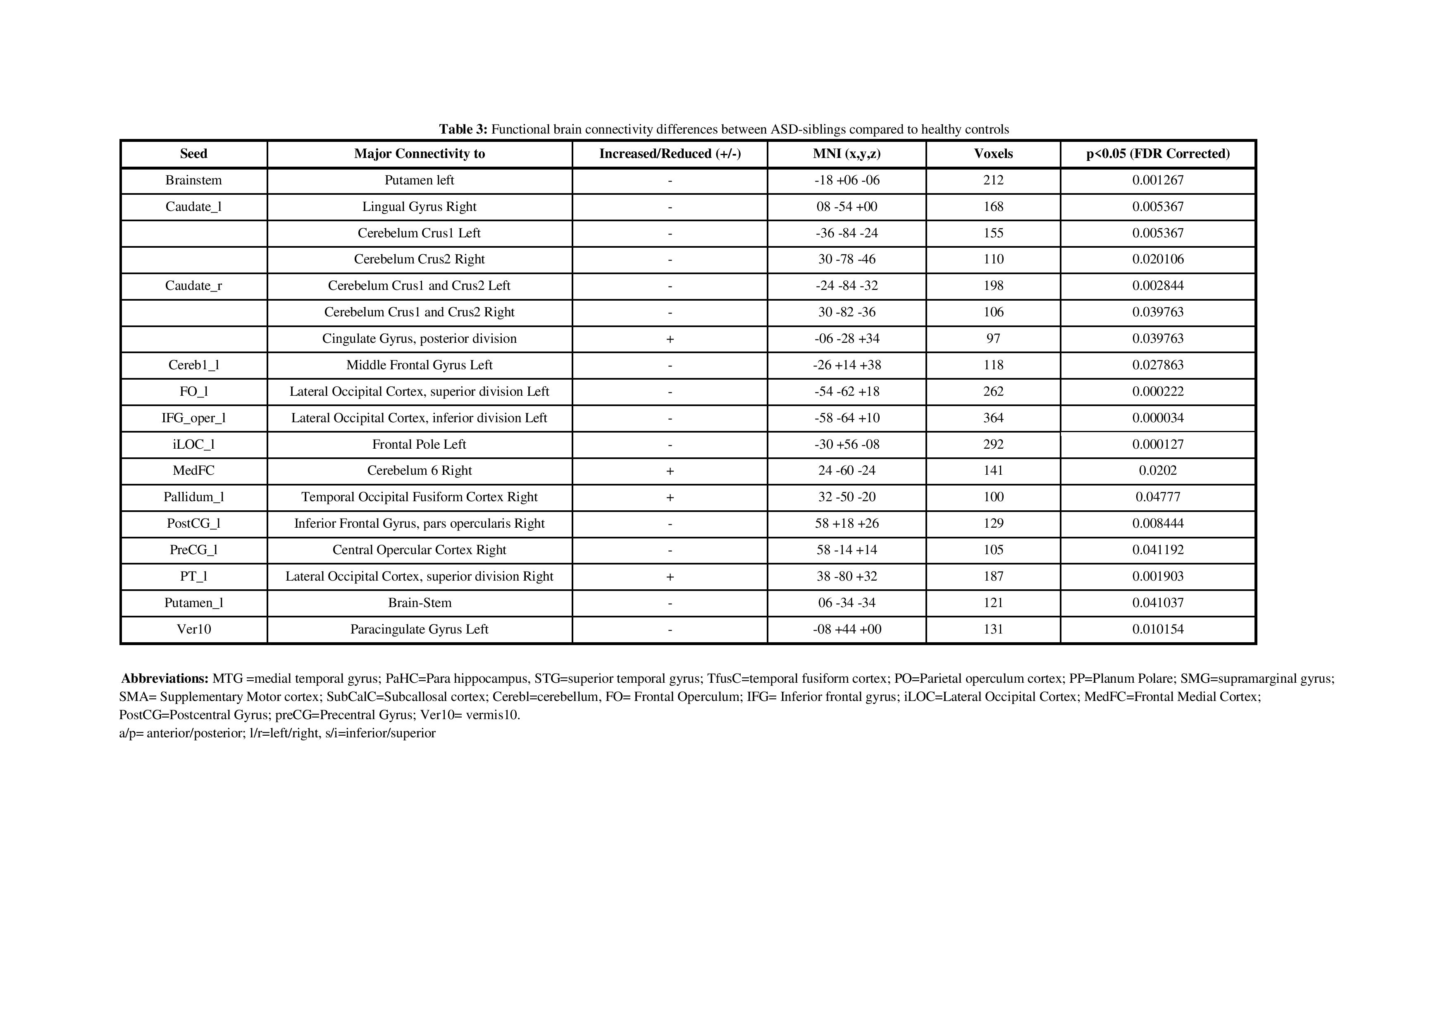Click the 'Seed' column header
(193, 153)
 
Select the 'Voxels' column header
(993, 153)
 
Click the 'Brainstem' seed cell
(193, 180)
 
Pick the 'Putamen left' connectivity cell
(420, 180)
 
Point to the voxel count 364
(993, 418)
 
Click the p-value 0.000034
(1158, 418)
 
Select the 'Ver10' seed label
(193, 629)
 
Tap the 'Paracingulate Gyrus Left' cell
(420, 629)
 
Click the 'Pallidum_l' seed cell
(193, 497)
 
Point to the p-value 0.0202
(1158, 471)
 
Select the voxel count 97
(993, 339)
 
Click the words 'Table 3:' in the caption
(463, 129)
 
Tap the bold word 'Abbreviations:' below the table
(165, 679)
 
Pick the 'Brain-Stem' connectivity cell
(420, 603)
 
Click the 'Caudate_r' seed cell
(193, 286)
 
